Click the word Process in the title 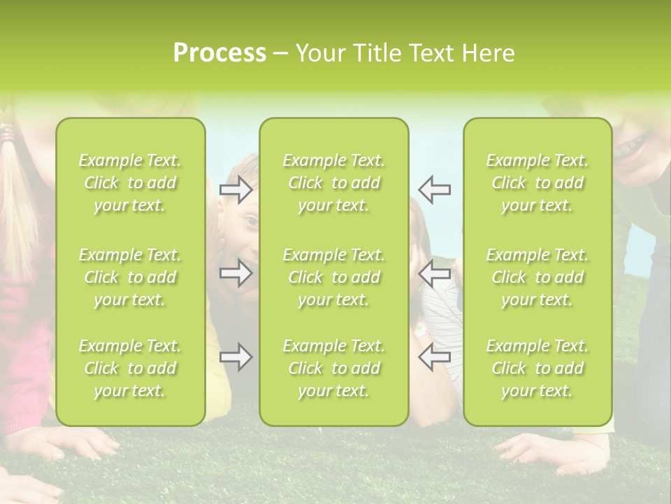pos(219,53)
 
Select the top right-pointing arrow pos(236,190)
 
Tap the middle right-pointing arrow pos(236,273)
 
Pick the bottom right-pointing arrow pos(236,358)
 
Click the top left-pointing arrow pos(435,190)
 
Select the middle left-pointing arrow pos(435,273)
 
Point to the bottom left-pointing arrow pos(435,358)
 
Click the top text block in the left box pos(130,183)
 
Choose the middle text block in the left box pos(130,277)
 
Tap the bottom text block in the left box pos(130,368)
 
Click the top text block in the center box pos(333,183)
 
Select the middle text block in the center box pos(333,277)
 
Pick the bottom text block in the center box pos(333,368)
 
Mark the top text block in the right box pos(537,183)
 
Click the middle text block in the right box pos(537,277)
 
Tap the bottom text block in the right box pos(537,368)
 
